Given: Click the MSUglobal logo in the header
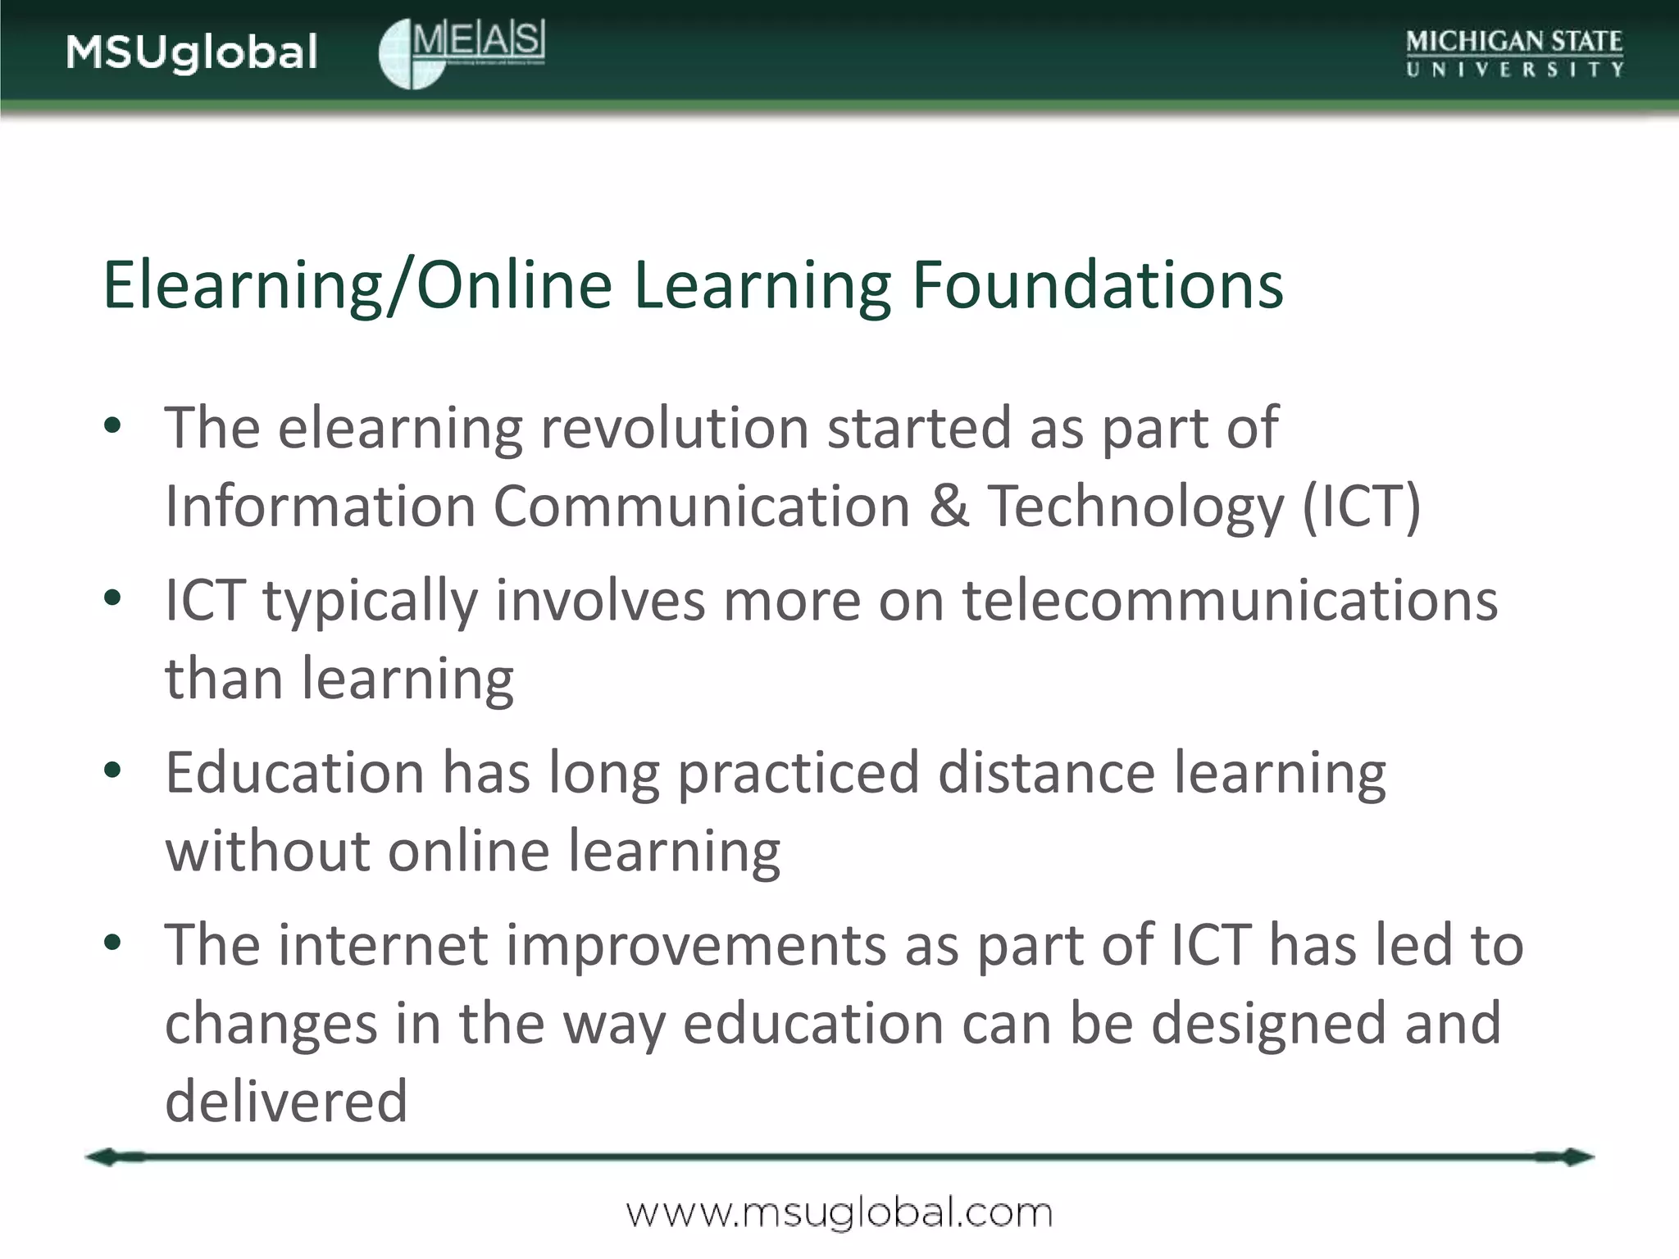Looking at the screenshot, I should tap(192, 52).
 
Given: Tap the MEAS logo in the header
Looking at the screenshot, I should tap(462, 52).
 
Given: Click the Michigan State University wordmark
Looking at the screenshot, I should tap(1514, 53).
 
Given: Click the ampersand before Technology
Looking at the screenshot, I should tap(949, 505).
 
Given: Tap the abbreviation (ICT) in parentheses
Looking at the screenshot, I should tap(1362, 505).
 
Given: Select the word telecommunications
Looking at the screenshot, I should tap(1230, 600).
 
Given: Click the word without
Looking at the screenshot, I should tap(267, 850).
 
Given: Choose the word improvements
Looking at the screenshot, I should tap(696, 944).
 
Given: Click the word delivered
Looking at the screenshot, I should tap(286, 1101).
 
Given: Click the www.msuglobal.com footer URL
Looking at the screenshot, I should tap(839, 1213).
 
